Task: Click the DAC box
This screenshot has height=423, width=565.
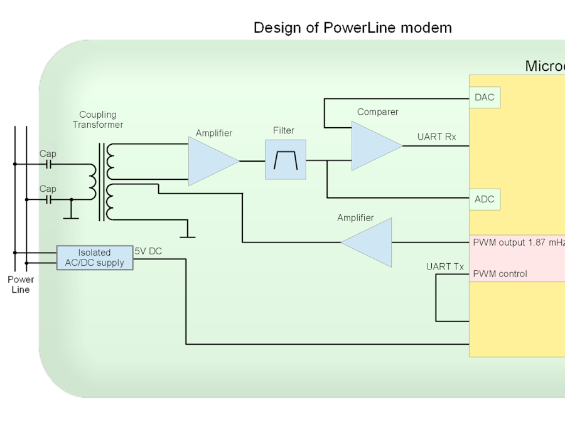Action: coord(485,98)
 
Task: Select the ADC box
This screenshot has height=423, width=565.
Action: coord(485,199)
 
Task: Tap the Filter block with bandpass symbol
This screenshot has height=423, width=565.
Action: coord(285,160)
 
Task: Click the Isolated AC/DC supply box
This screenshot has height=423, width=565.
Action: coord(95,258)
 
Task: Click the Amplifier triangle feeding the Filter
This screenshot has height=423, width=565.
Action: coord(210,161)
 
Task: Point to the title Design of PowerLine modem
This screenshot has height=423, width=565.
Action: coord(352,28)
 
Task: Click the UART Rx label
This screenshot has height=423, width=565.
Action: coord(436,137)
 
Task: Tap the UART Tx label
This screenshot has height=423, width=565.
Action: coord(444,267)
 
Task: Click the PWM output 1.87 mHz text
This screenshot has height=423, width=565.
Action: coord(519,242)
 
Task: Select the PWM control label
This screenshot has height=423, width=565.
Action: coord(500,274)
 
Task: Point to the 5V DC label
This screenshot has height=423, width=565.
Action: coord(148,251)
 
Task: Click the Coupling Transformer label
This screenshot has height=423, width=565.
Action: coord(97,120)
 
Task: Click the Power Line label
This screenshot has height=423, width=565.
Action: coord(21,285)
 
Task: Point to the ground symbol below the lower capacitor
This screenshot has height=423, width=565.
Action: coord(71,217)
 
